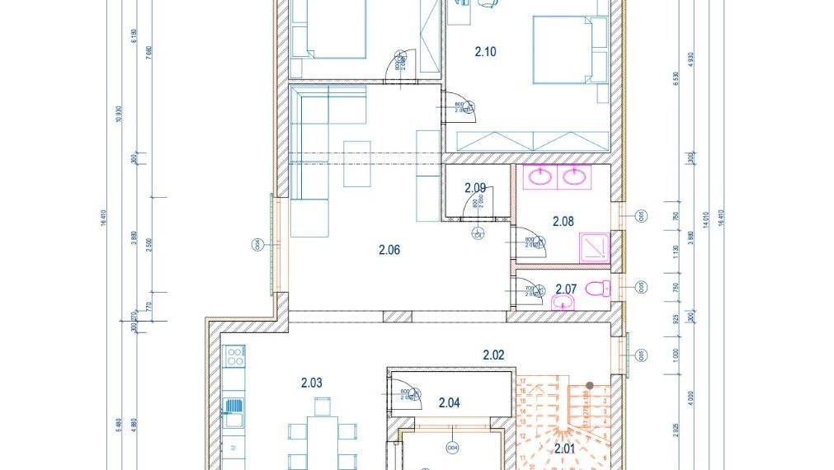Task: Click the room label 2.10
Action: (485, 52)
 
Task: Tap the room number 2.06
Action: (389, 250)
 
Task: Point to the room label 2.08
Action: (563, 221)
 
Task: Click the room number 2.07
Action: (565, 289)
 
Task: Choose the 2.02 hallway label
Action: (493, 355)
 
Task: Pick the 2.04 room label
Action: (449, 403)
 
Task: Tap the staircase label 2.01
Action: (564, 449)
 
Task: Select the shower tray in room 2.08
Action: (594, 248)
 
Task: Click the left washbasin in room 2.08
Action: (540, 176)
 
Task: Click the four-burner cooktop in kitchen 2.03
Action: (235, 357)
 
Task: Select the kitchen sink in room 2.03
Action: (235, 406)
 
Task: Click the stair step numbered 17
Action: (523, 381)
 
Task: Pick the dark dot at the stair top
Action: (590, 385)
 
